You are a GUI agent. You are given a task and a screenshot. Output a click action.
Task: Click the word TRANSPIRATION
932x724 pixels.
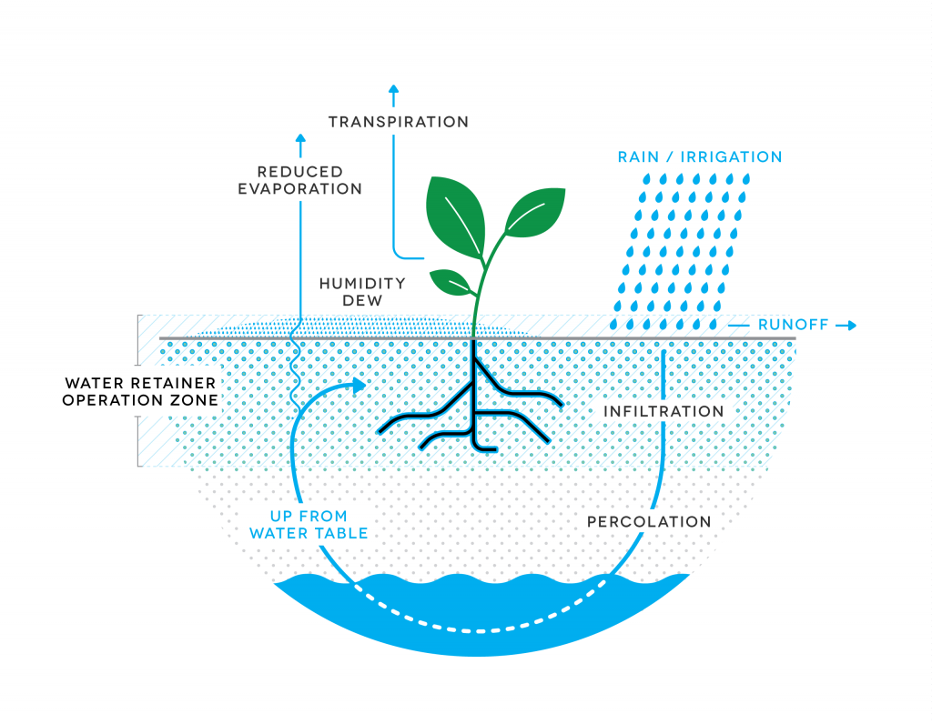click(398, 122)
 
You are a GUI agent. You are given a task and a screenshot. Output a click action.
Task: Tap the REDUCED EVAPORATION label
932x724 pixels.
click(299, 180)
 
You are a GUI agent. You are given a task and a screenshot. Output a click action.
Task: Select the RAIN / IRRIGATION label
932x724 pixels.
click(700, 157)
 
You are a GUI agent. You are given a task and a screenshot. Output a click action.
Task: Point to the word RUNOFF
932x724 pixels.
click(793, 325)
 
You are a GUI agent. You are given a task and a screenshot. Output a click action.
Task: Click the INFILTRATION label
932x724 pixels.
click(664, 411)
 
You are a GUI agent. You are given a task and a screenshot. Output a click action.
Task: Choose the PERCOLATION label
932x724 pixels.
click(648, 522)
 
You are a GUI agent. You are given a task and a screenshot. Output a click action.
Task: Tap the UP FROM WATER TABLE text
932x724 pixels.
click(309, 524)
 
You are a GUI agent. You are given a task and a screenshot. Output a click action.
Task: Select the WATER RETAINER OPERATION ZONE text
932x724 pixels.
click(140, 391)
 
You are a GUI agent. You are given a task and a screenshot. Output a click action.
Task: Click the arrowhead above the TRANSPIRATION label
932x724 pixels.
click(393, 90)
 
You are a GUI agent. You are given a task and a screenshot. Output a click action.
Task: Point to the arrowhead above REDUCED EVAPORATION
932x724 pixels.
click(300, 139)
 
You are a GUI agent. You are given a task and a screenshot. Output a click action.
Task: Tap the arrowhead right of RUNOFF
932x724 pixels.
click(852, 325)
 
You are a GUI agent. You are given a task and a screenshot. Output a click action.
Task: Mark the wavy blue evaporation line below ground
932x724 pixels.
click(294, 373)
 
